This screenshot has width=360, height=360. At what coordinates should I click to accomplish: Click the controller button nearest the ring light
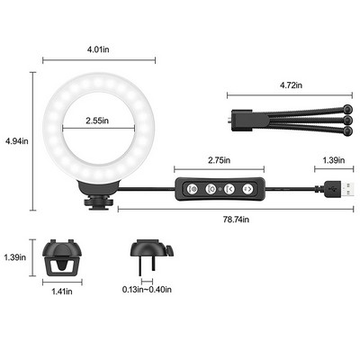coord(191,191)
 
